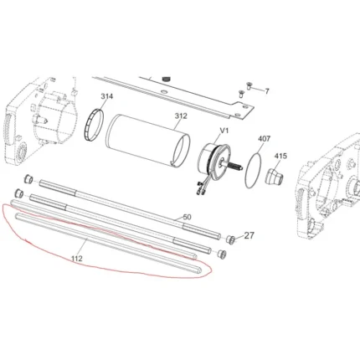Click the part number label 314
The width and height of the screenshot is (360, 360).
point(107,96)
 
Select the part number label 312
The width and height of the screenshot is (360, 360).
point(181,116)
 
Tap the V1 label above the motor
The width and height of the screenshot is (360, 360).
point(224,131)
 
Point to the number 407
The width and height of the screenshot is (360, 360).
point(264,138)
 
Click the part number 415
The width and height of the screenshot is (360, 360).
point(280,156)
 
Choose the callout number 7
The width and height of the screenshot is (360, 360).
point(267,91)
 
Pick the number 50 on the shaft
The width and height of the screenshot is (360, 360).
point(187,217)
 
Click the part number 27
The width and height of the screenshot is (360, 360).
point(249,235)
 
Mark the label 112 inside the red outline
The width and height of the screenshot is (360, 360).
point(77,259)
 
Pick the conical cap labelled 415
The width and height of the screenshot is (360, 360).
point(274,176)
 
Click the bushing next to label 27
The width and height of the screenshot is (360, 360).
point(230,239)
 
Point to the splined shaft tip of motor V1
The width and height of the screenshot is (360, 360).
point(237,167)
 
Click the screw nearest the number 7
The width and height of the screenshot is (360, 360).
point(248,85)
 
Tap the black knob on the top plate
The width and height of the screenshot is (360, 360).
point(167,79)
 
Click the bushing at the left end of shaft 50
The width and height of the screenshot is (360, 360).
point(28,179)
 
